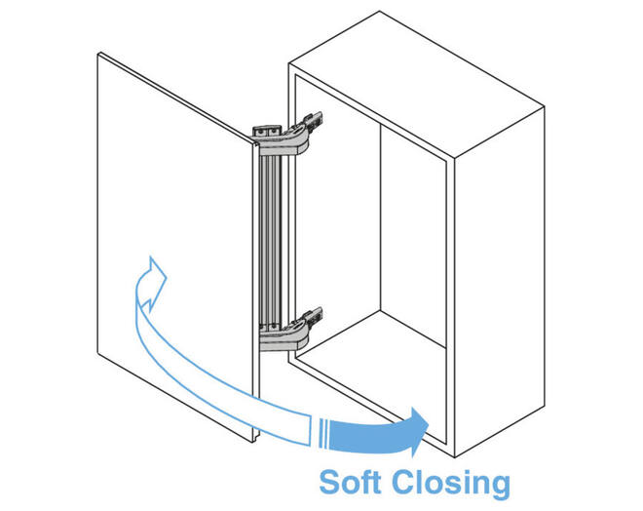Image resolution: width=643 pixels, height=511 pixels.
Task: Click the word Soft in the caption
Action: pyautogui.click(x=350, y=482)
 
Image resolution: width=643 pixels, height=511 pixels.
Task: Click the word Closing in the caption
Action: pyautogui.click(x=451, y=485)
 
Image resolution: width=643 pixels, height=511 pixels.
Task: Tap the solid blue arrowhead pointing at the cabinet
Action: pyautogui.click(x=418, y=432)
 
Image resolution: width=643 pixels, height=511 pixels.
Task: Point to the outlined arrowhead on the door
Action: pyautogui.click(x=153, y=283)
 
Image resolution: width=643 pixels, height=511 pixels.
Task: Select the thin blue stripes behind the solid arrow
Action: pyautogui.click(x=322, y=433)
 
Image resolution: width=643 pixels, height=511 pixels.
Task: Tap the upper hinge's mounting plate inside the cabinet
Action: pyautogui.click(x=314, y=122)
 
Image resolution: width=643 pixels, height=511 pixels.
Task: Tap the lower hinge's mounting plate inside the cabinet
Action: pyautogui.click(x=314, y=317)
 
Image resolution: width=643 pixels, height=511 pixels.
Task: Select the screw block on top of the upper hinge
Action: pyautogui.click(x=267, y=132)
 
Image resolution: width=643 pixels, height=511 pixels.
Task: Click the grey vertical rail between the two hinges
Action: pyautogui.click(x=271, y=241)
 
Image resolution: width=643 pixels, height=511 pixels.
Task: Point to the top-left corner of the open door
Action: pyautogui.click(x=98, y=54)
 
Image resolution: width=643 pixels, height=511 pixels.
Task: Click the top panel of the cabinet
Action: pyautogui.click(x=416, y=84)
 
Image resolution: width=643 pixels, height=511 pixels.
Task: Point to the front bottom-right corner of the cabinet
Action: pyautogui.click(x=454, y=457)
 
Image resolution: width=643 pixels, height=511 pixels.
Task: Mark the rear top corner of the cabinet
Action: pyautogui.click(x=380, y=12)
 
